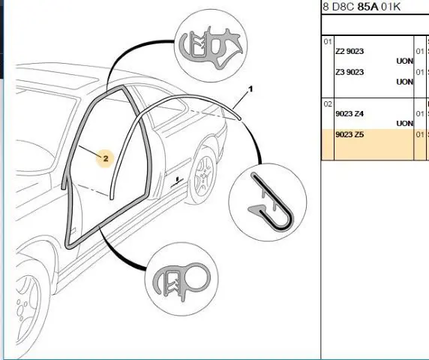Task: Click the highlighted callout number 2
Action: click(106, 158)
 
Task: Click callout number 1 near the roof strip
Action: click(250, 89)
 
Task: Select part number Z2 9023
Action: click(349, 51)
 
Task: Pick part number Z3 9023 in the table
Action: click(349, 72)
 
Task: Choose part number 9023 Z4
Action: click(349, 113)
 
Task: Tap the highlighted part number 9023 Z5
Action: click(349, 134)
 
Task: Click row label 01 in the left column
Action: click(328, 41)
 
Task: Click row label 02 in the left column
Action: click(328, 104)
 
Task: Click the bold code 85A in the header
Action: click(367, 7)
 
